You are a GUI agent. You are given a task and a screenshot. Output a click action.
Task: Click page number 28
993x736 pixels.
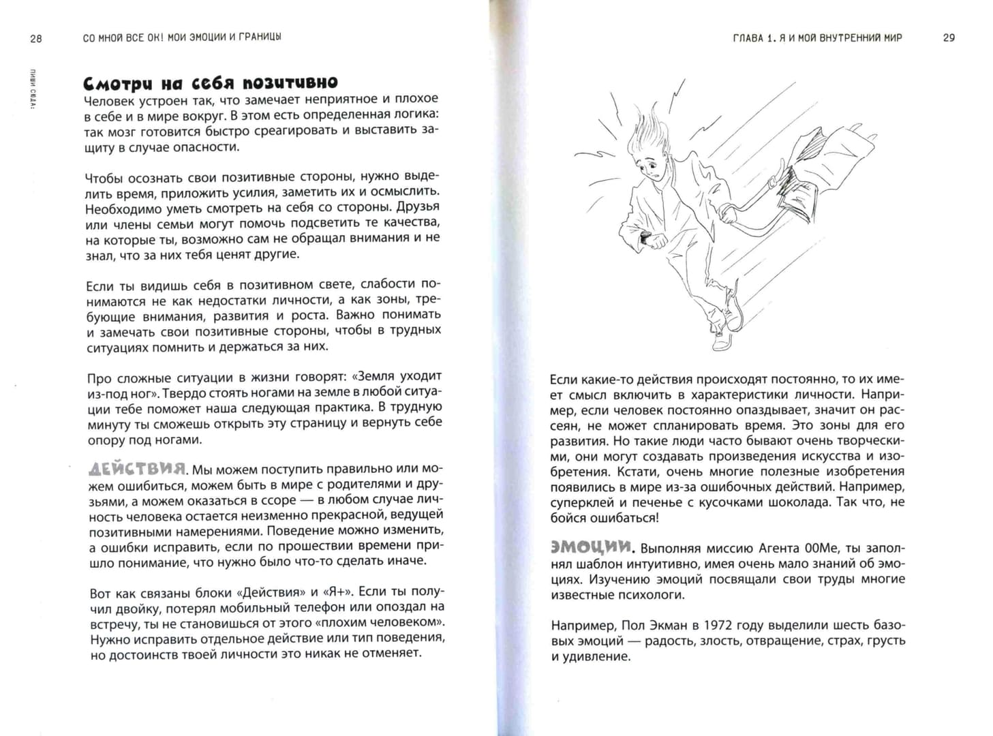tap(36, 39)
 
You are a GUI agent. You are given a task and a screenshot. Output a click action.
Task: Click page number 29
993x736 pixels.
tap(949, 38)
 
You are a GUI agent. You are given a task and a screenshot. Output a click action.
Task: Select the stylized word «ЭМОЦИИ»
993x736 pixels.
tap(592, 547)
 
